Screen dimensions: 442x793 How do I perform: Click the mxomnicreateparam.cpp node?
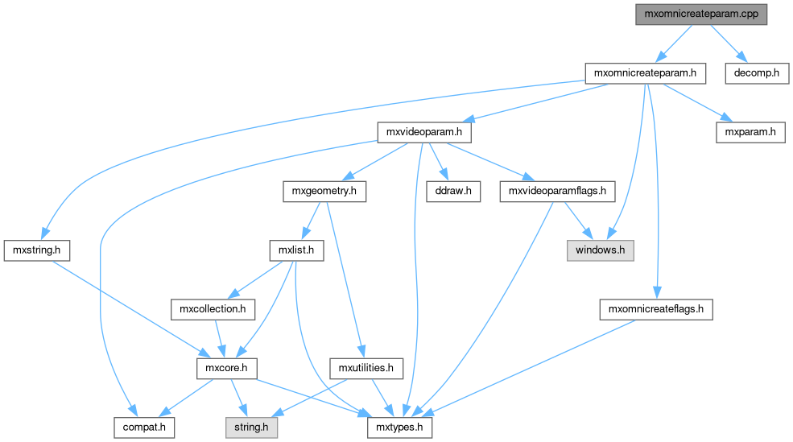point(701,14)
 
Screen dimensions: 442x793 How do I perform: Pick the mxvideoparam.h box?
point(425,132)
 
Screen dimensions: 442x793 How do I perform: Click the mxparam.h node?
point(750,132)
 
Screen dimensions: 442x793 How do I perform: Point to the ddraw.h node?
point(452,192)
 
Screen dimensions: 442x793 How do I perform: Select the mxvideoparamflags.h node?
point(558,192)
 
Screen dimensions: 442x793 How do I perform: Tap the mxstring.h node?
point(36,250)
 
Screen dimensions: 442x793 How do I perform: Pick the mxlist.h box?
point(295,250)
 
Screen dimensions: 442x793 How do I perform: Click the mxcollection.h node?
point(213,309)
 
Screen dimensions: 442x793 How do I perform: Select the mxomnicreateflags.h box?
point(656,309)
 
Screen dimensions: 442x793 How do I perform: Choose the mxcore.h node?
point(226,368)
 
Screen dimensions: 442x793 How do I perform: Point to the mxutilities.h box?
point(366,368)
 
